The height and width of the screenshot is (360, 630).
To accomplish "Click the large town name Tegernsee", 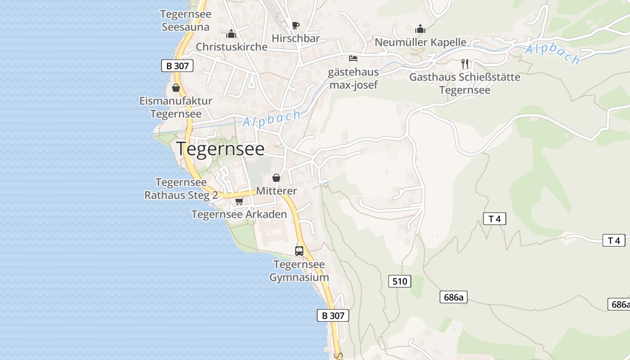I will pos(220,148).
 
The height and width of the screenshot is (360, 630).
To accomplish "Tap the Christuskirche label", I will pos(231,47).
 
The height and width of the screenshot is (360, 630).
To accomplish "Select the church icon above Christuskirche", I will pos(231,34).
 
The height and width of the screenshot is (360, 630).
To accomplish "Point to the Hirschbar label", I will pos(296,38).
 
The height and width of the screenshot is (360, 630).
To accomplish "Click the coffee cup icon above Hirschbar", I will pos(295,25).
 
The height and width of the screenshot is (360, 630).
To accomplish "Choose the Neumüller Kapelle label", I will pos(420,42).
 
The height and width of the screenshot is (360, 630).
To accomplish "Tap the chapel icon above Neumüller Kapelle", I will pos(420,29).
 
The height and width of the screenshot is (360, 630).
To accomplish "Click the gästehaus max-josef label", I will pos(353,78).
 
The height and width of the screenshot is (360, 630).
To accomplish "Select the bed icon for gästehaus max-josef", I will pos(353,58).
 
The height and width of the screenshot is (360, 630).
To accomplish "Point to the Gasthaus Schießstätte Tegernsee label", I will pos(464,83).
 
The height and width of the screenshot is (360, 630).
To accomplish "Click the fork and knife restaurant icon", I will pos(465,63).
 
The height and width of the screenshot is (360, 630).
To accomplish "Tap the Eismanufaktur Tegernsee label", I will pos(175,107).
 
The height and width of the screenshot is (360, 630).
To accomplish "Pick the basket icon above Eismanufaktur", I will pos(176,88).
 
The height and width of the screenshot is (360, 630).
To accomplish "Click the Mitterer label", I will pos(276,191).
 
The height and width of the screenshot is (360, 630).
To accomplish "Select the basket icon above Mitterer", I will pos(276,178).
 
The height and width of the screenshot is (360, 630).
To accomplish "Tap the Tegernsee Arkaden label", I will pos(239,214).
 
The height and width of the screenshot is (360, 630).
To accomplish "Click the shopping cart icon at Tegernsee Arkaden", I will pos(239,201).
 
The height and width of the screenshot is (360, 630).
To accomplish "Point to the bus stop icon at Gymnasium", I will pos(299,251).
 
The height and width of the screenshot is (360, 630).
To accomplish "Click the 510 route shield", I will pos(399,282).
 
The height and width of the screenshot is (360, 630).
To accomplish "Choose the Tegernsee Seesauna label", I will pos(185,20).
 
